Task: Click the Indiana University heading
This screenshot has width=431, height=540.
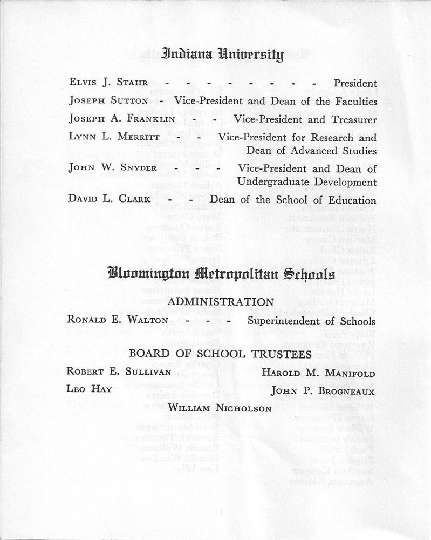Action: point(222,55)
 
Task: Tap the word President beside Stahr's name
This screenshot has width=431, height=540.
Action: point(355,83)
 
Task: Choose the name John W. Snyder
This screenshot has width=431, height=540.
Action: point(113,168)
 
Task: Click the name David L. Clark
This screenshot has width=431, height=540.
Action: point(108,199)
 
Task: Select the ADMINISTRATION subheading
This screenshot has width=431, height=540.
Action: point(221,301)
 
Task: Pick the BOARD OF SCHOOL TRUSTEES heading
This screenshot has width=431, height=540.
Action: point(220,354)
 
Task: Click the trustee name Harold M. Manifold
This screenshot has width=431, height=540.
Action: point(318,373)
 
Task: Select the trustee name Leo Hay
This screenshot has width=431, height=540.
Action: point(89,389)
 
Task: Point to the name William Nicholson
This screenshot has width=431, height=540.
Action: point(220,409)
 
